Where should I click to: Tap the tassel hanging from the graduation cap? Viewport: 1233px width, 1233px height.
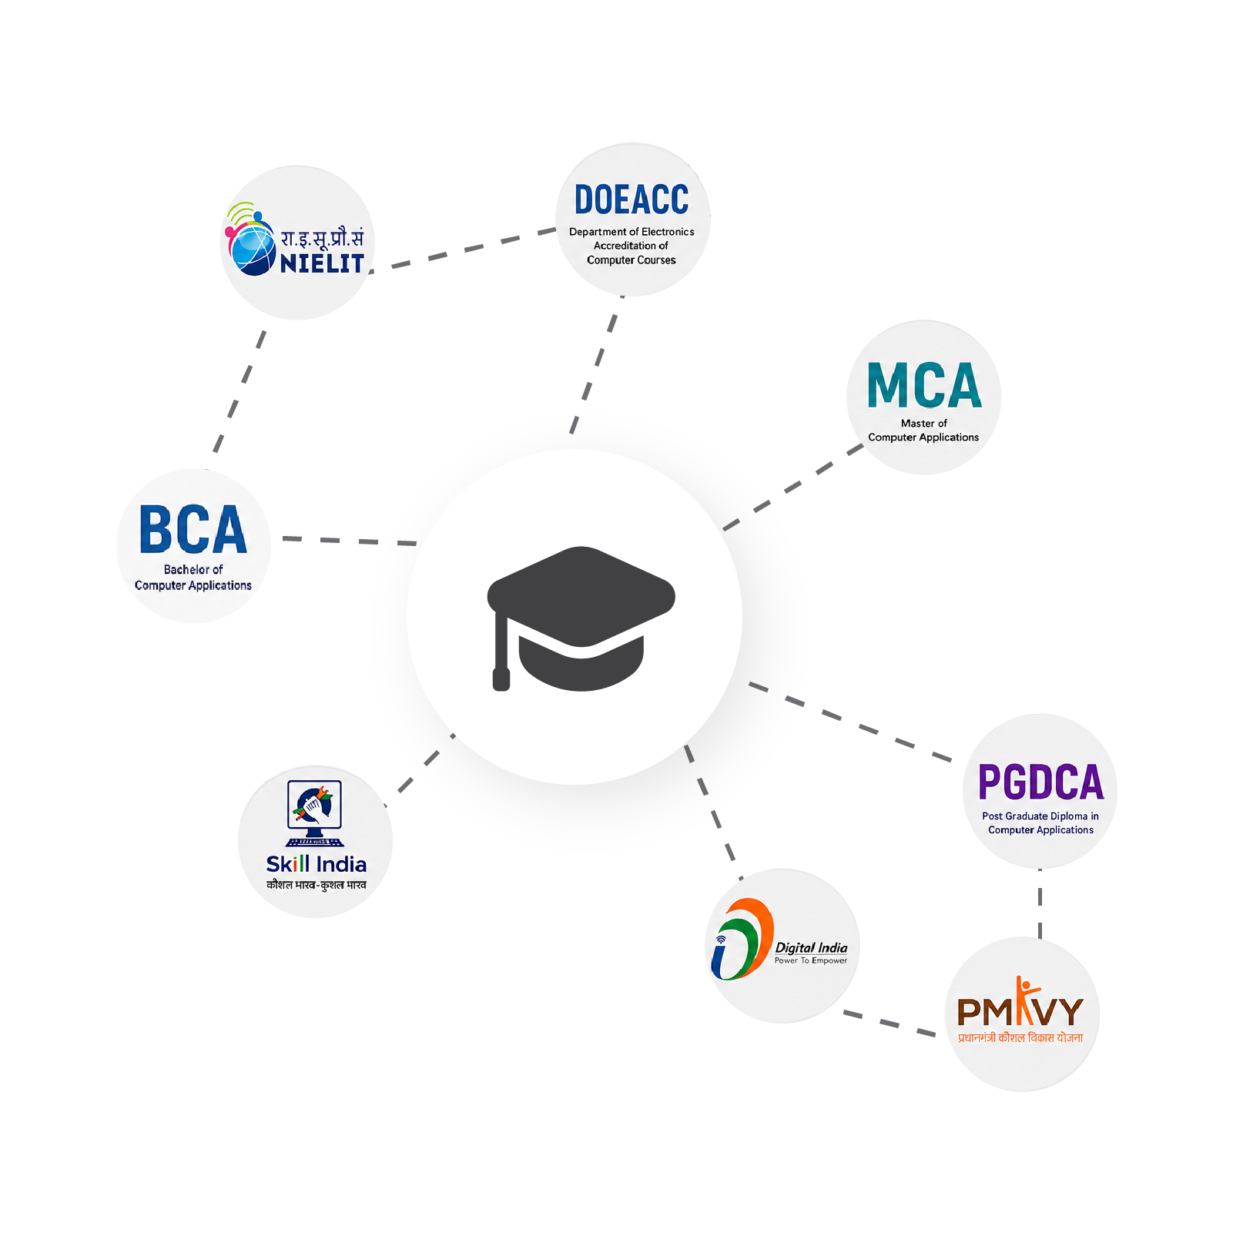click(x=501, y=651)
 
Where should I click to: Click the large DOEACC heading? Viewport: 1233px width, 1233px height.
click(x=632, y=199)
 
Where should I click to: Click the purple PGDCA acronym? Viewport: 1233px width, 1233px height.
click(x=1040, y=782)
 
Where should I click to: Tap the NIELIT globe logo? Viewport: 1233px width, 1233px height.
click(x=250, y=240)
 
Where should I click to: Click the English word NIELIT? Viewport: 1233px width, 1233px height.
click(x=322, y=263)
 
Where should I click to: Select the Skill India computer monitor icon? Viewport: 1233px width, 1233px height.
click(x=314, y=813)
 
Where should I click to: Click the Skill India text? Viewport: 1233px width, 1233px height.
click(x=316, y=864)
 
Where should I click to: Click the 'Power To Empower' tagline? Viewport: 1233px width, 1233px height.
click(x=811, y=960)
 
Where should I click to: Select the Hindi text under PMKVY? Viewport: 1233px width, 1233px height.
click(x=1020, y=1037)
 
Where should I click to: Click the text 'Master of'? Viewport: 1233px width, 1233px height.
click(x=924, y=423)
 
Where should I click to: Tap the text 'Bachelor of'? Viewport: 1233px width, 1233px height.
click(x=193, y=569)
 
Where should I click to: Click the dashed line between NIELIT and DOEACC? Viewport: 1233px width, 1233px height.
click(x=462, y=250)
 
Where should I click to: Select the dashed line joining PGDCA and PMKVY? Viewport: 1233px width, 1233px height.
click(x=1040, y=903)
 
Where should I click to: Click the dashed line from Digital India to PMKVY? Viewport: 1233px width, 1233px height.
click(x=890, y=1024)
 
